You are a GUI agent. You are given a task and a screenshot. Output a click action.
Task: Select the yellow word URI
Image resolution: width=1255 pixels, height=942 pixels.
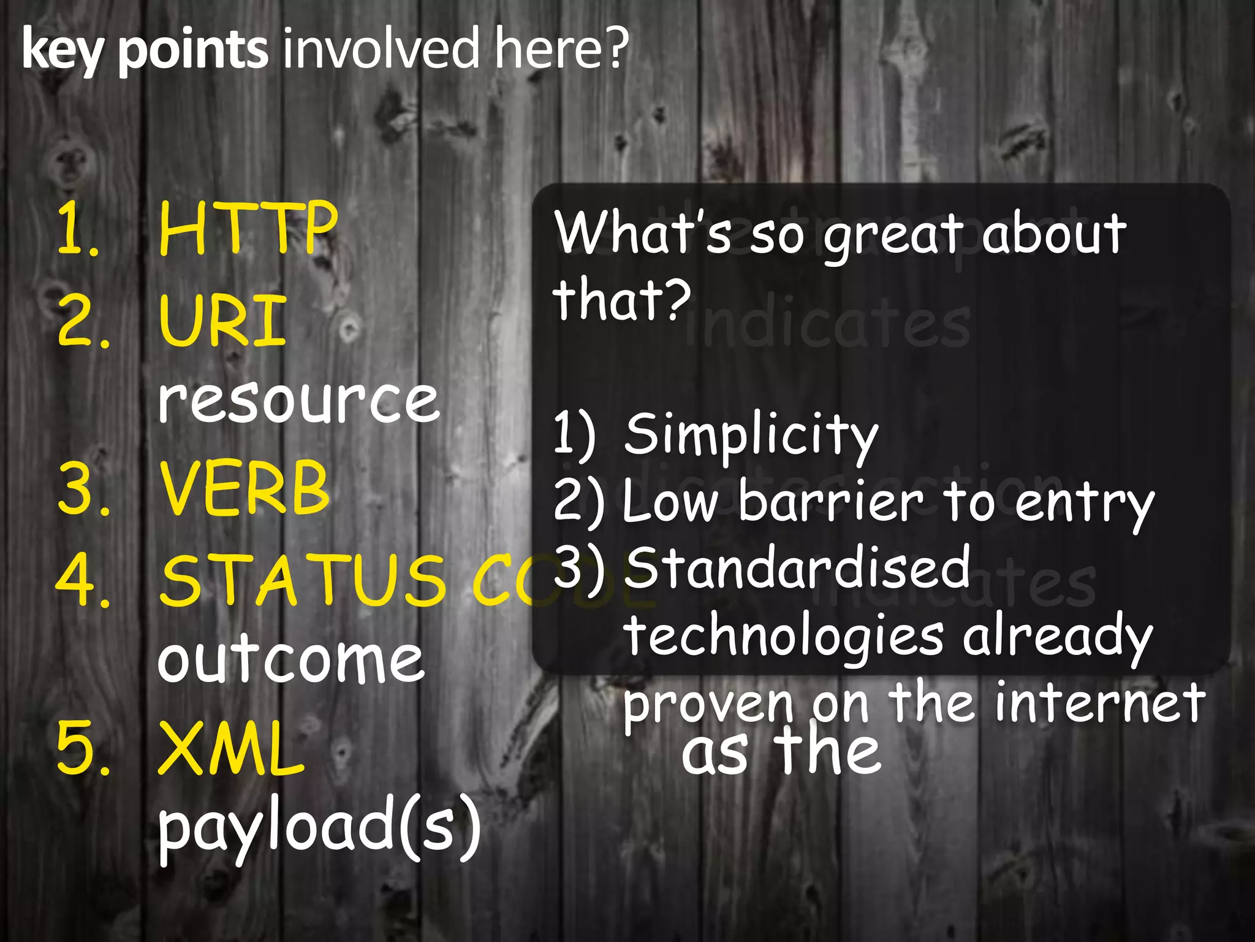(x=222, y=320)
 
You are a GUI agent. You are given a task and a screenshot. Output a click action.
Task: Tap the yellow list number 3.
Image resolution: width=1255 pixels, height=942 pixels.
(x=83, y=489)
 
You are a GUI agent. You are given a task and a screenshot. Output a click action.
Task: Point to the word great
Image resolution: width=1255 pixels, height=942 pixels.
(x=893, y=235)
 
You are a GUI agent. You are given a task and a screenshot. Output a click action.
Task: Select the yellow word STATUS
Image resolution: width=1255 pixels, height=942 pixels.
(x=303, y=580)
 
